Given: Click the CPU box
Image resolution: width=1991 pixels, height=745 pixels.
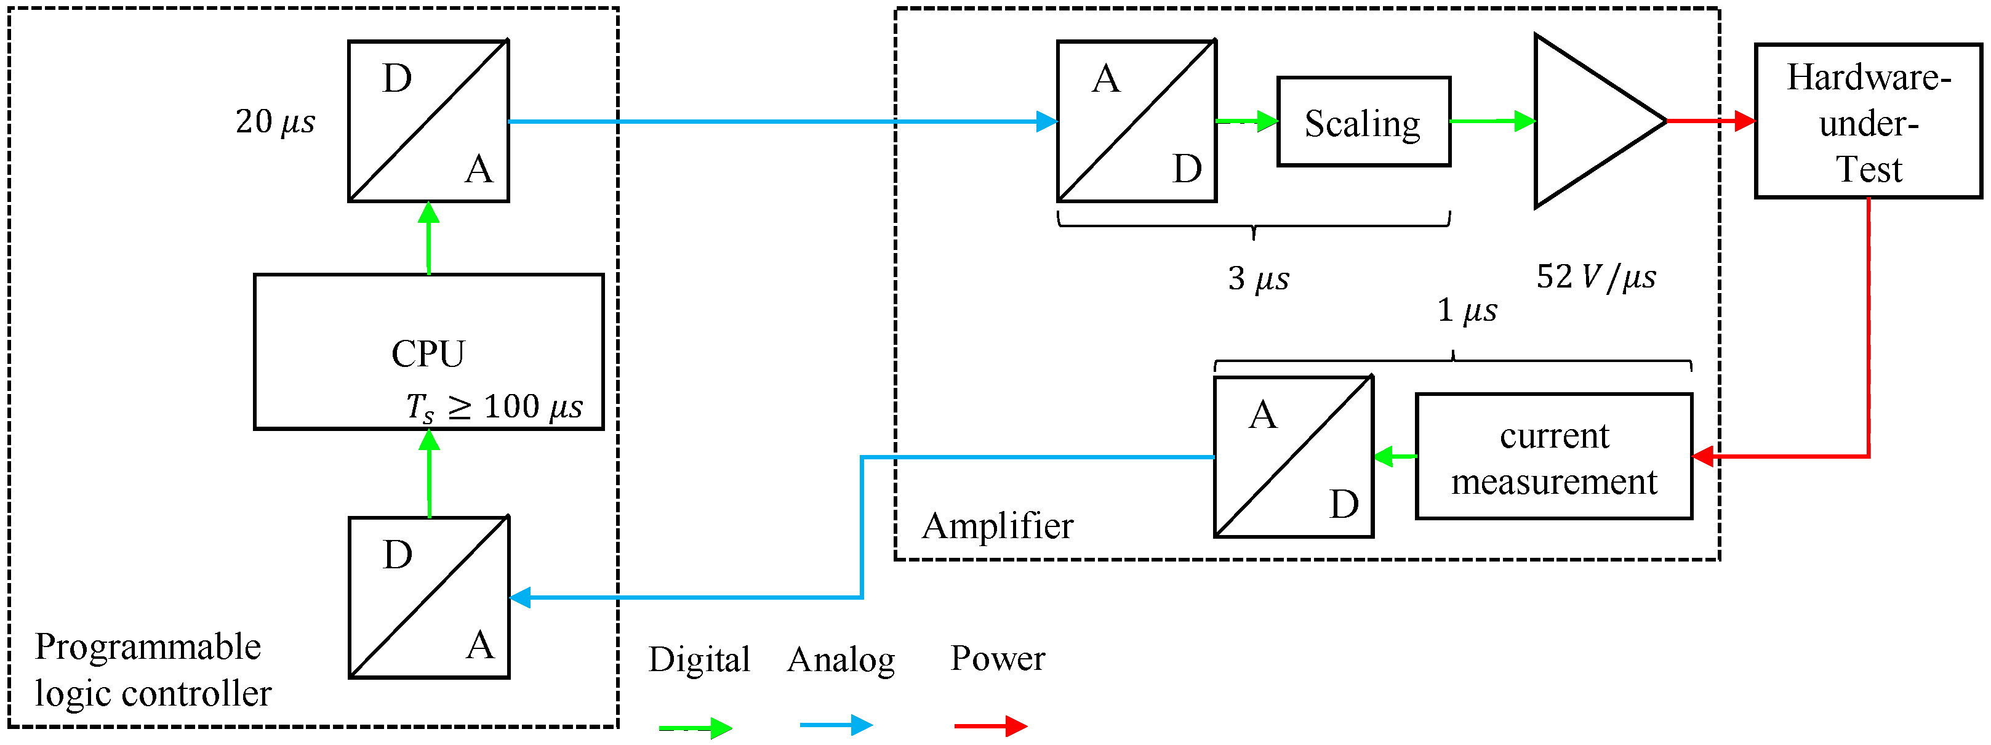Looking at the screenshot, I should (x=428, y=352).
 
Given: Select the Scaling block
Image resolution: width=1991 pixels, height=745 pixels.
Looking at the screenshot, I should (x=1363, y=122).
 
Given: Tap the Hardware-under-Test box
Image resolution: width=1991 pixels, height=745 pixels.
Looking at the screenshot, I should (x=1867, y=122).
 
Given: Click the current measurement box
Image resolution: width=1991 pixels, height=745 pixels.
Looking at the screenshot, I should (x=1553, y=457).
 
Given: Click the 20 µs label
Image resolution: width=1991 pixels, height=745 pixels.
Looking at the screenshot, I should (x=275, y=122).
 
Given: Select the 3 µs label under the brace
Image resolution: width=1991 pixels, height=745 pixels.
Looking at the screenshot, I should (x=1258, y=278).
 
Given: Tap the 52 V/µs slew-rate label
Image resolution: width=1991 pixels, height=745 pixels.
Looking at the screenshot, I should (x=1595, y=276).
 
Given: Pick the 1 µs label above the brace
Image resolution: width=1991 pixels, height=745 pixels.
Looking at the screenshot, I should (x=1466, y=311).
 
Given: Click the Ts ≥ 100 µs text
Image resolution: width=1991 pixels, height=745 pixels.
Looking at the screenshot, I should (x=495, y=406).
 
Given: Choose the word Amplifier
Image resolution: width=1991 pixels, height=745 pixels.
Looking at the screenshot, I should (x=997, y=526).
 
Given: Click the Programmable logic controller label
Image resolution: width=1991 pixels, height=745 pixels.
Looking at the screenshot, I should (x=152, y=669).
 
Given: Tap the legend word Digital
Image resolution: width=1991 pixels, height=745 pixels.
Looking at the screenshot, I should (x=699, y=659).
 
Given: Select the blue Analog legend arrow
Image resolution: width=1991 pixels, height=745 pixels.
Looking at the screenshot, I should (x=836, y=725).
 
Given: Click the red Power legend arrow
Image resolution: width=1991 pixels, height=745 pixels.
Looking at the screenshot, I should (x=990, y=726).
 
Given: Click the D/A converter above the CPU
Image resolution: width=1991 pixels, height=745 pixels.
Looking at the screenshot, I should (x=428, y=121).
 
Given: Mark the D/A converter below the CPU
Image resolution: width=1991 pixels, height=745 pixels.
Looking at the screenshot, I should (x=429, y=597).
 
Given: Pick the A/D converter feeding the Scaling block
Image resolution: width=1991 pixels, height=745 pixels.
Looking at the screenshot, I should (x=1136, y=121).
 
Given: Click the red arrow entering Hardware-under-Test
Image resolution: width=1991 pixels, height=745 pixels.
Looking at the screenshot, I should (x=1710, y=121).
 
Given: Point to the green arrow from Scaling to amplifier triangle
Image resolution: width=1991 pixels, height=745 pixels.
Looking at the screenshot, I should (x=1492, y=121).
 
